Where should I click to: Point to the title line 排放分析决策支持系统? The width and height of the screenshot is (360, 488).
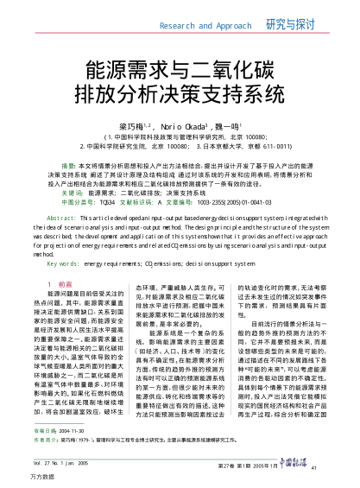179,92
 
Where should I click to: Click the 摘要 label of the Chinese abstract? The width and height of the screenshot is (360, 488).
66,163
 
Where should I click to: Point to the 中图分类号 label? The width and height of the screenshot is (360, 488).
67,200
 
